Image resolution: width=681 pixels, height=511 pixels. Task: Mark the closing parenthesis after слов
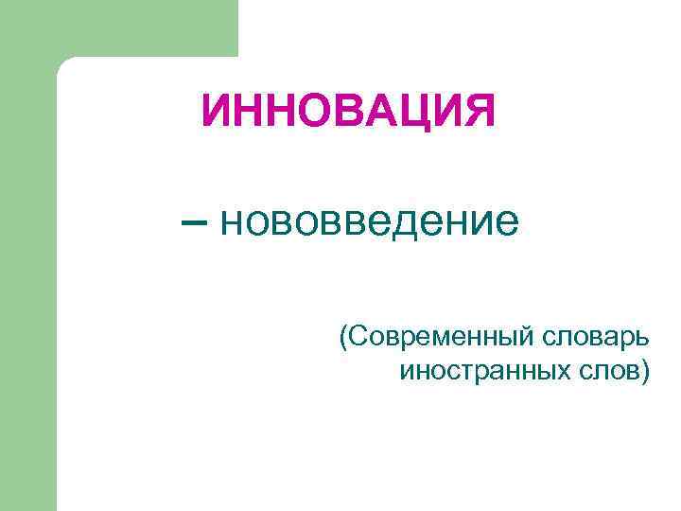pos(645,371)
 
